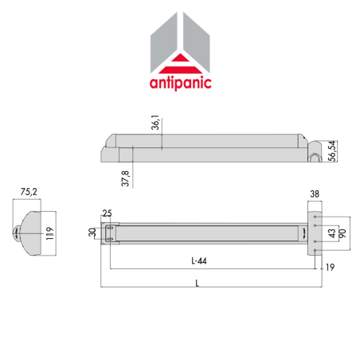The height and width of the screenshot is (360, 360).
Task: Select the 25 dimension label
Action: point(106,213)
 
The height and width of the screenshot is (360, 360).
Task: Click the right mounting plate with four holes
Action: point(316,231)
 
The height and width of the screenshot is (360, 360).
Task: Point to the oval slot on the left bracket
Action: point(109,232)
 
